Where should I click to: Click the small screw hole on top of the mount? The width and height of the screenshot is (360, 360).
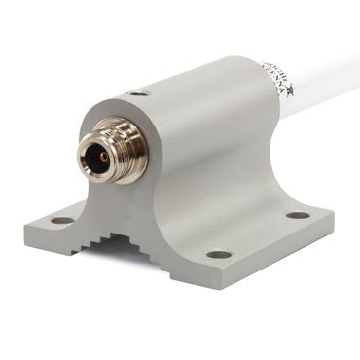pyautogui.click(x=139, y=93)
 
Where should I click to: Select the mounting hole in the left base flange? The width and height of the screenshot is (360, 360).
pyautogui.click(x=61, y=220)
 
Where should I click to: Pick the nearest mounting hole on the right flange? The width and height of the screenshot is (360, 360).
pyautogui.click(x=219, y=254)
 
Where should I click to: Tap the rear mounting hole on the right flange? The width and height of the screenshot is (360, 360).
pyautogui.click(x=297, y=215)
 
